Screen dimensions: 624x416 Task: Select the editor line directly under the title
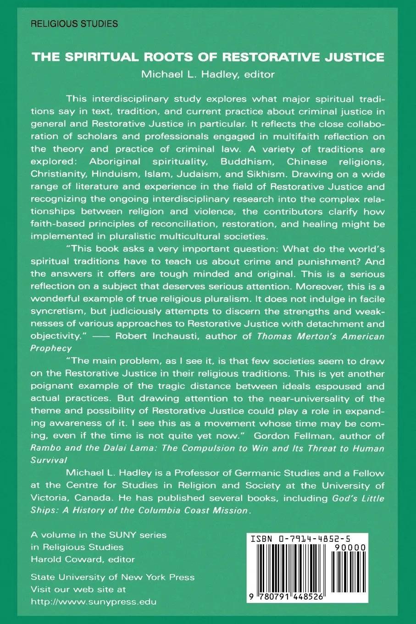tap(208, 74)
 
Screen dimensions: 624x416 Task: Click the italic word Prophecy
tap(51, 348)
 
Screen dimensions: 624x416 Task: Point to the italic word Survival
tap(49, 460)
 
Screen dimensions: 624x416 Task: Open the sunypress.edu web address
tap(93, 602)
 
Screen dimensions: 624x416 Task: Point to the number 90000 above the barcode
tap(351, 547)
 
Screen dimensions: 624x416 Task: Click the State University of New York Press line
tap(112, 577)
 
